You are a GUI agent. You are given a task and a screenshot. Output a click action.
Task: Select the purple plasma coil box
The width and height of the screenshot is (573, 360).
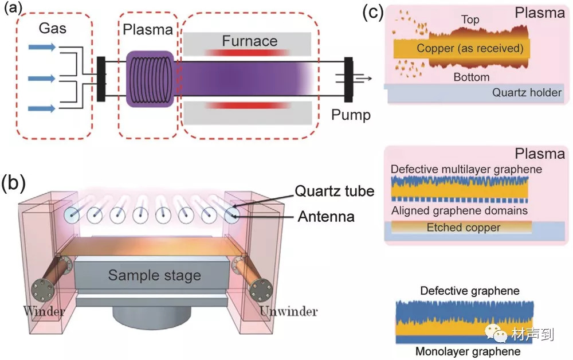pos(150,78)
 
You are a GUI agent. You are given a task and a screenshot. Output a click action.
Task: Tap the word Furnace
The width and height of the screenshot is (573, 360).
pos(250,41)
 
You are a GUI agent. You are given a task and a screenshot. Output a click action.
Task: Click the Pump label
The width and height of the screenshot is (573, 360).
pos(351,115)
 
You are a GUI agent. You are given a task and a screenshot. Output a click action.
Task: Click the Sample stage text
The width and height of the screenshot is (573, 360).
pos(155,275)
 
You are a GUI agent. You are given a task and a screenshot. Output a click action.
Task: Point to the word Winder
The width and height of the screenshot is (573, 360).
pos(44,312)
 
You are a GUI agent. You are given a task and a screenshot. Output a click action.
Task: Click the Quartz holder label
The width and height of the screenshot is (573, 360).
pos(526,92)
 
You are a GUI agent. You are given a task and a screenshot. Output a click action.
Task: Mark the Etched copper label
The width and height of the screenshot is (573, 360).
pos(464,228)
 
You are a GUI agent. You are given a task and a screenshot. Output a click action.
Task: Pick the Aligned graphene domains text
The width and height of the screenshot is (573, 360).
pos(459,211)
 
